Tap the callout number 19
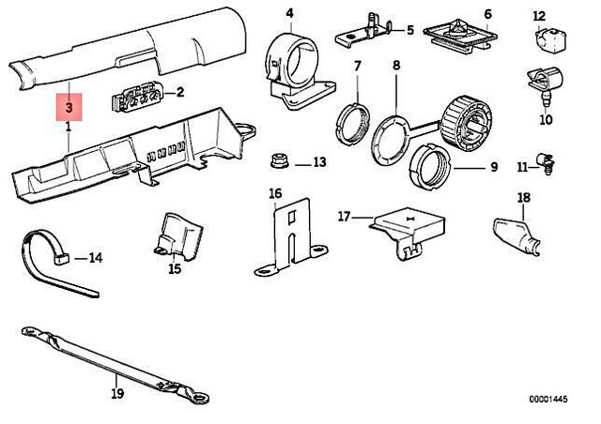[117, 394]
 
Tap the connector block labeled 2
[135, 98]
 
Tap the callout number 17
[344, 217]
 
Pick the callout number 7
[357, 66]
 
